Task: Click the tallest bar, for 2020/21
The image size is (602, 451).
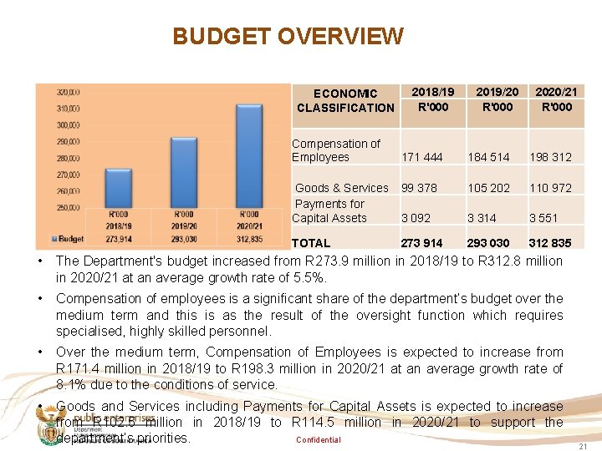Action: coord(248,155)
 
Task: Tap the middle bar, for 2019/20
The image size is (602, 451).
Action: coord(183,172)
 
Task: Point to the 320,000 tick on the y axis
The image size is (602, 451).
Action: coord(69,92)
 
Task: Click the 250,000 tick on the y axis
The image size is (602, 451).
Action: coord(69,207)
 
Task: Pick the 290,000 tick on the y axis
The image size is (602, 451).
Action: coord(69,141)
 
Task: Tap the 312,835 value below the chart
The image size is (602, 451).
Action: coord(248,239)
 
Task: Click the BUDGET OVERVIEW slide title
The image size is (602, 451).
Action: coord(288,37)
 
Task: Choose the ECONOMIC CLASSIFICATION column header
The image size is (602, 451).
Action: coord(345,100)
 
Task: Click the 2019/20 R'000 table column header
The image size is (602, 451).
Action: coord(497,99)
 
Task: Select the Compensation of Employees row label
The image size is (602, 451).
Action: coord(335,150)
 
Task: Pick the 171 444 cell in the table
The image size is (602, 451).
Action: coord(422,157)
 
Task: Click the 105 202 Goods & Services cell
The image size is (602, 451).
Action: coord(488,188)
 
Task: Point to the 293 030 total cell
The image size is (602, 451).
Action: coord(488,243)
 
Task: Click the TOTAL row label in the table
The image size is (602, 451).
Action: coord(311,243)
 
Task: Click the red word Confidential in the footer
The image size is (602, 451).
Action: coord(319,440)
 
